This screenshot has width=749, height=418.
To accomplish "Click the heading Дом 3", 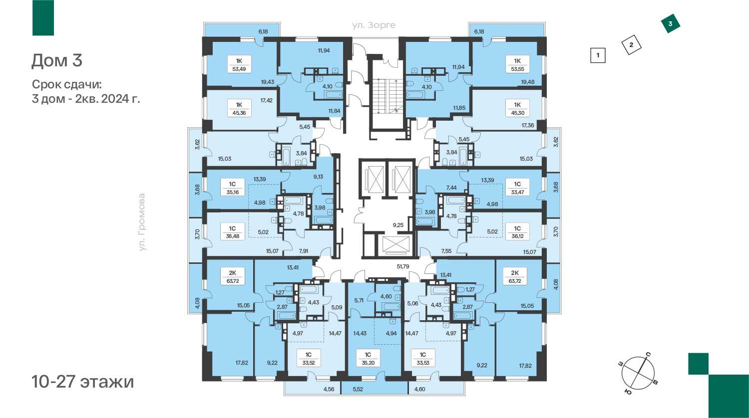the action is (x=57, y=61).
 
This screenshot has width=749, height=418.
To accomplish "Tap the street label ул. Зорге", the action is (x=374, y=25).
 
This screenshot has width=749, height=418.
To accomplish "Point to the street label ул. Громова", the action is (x=142, y=222).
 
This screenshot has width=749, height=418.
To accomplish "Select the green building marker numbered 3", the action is (x=671, y=24).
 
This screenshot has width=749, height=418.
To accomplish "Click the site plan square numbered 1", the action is (x=598, y=55).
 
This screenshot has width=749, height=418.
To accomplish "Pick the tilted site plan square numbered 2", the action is (x=631, y=45).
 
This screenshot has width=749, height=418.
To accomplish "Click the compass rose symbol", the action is (x=638, y=373).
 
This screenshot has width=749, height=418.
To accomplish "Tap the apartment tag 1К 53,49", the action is (x=239, y=65).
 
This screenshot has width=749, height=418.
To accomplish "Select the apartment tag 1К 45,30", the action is (x=517, y=109).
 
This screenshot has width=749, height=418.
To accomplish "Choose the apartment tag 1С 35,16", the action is (x=232, y=188).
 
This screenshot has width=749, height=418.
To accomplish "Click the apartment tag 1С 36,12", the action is (x=517, y=232).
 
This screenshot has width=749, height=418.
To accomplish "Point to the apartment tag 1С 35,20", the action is (x=368, y=358).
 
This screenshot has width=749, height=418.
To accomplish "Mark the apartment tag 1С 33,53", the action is (x=423, y=358).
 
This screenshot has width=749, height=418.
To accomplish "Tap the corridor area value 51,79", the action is (x=403, y=267).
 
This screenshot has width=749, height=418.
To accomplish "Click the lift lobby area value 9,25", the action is (x=398, y=225).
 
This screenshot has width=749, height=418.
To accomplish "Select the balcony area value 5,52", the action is (x=358, y=389).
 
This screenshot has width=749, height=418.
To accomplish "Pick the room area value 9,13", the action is (x=319, y=177).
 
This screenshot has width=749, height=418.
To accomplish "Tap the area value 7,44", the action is (x=451, y=188).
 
